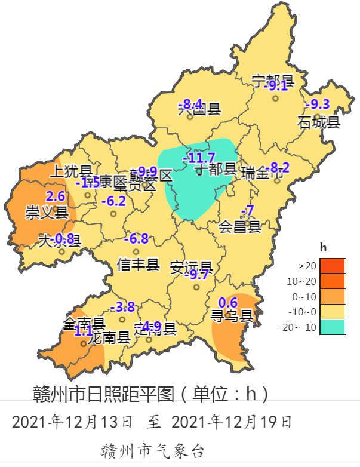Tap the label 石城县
click(x=319, y=122)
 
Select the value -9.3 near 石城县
click(x=317, y=105)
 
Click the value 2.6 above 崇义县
click(x=55, y=196)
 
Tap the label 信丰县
click(x=139, y=264)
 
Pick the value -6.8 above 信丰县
click(x=136, y=239)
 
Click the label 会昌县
click(x=239, y=226)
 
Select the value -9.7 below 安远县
click(x=196, y=275)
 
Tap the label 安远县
click(x=192, y=266)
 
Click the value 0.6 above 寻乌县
click(x=229, y=302)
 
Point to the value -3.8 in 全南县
click(x=122, y=307)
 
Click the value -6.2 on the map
click(x=113, y=201)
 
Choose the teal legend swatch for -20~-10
click(x=333, y=327)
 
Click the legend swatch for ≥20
click(x=333, y=265)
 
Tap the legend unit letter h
click(x=323, y=247)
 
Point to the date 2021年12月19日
click(x=232, y=422)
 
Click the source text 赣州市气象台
click(x=153, y=450)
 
